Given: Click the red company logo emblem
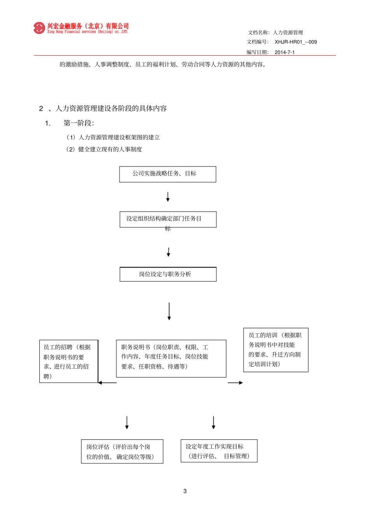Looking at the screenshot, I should (39, 28).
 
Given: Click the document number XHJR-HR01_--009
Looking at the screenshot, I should (296, 42).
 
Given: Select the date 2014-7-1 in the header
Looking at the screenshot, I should (284, 52).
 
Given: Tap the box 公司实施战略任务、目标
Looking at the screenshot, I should (167, 174).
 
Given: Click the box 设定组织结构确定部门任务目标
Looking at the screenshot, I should (168, 219).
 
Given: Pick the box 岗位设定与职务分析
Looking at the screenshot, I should (168, 274).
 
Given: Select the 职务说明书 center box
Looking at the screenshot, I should (171, 358).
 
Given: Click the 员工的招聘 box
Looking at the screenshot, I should (69, 361).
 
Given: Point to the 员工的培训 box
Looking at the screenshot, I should (276, 350).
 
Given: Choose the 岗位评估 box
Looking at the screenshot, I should (122, 451).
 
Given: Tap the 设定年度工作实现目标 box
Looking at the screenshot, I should (219, 451).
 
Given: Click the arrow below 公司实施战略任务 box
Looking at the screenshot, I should (168, 197).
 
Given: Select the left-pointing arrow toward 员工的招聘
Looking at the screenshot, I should (107, 383).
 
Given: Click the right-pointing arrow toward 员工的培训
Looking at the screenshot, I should (235, 383).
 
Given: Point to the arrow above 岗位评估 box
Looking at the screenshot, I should (127, 423).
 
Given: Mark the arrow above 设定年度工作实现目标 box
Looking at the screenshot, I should (213, 423).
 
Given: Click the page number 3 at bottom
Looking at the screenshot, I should (185, 491).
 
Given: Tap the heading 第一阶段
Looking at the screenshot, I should (79, 123).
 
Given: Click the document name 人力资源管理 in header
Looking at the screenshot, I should (288, 33).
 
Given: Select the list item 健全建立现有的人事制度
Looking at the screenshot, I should (110, 149).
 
